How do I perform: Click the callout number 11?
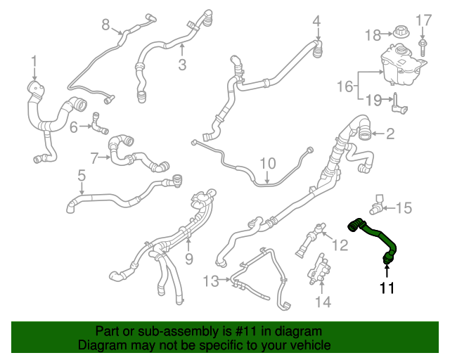click(x=387, y=288)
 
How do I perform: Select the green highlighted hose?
click(x=373, y=233)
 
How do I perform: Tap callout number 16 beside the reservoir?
click(x=345, y=86)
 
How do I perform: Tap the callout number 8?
click(x=106, y=25)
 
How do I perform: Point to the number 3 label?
click(x=182, y=65)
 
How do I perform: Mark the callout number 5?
click(x=82, y=174)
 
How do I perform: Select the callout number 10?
click(x=268, y=163)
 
